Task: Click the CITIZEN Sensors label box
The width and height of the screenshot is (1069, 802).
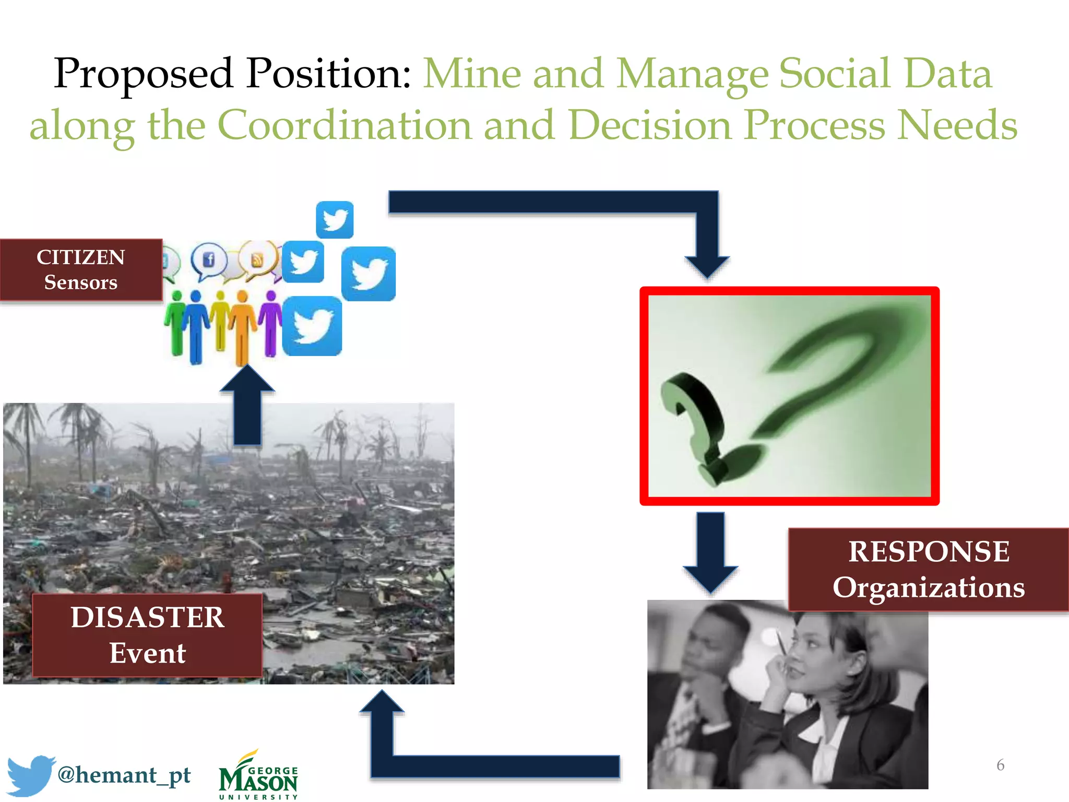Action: click(x=81, y=270)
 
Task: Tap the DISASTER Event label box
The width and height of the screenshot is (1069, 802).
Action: click(x=147, y=635)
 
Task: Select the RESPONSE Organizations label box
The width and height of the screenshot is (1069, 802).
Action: click(x=928, y=570)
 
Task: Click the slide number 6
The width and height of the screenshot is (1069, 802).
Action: click(x=1000, y=765)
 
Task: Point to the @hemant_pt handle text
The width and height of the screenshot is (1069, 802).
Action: click(x=124, y=775)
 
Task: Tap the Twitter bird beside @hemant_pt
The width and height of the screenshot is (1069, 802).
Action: click(x=30, y=774)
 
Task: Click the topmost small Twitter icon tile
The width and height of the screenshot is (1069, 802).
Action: click(x=335, y=220)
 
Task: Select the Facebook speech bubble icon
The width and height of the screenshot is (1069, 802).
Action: click(x=208, y=260)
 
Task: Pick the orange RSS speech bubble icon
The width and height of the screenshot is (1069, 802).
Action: click(x=257, y=259)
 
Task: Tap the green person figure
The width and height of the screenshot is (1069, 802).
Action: click(x=176, y=324)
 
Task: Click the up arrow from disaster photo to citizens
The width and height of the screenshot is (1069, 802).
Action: click(x=247, y=405)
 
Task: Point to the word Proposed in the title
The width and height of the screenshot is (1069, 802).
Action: click(x=143, y=74)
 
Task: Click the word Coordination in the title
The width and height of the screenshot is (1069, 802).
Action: click(x=345, y=125)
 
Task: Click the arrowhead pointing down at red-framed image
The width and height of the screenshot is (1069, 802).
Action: click(x=707, y=266)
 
